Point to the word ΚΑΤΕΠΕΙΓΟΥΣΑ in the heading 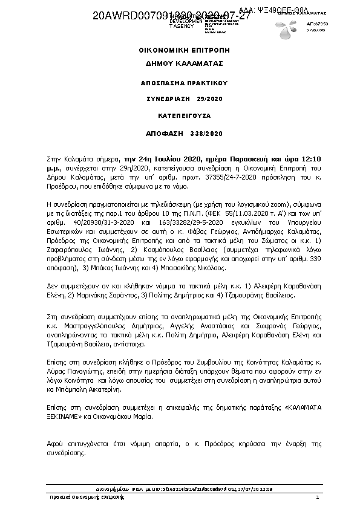click(x=180, y=114)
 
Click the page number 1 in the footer click(x=317, y=497)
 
